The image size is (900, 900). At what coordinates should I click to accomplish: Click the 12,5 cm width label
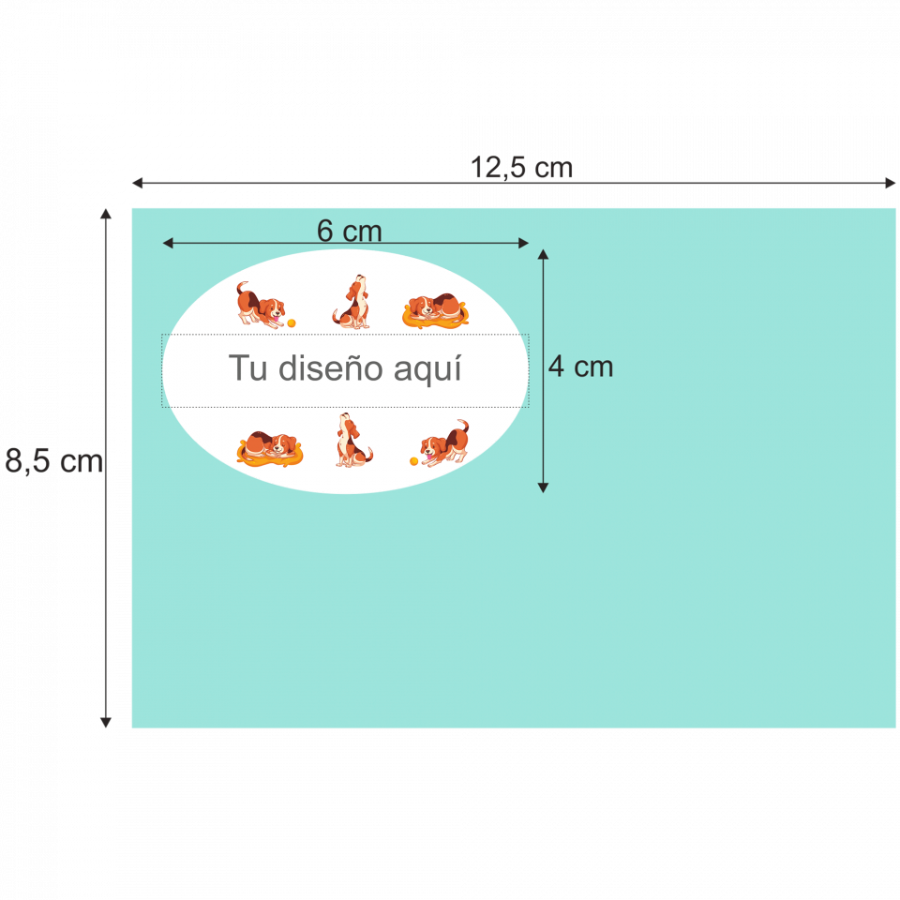click(521, 168)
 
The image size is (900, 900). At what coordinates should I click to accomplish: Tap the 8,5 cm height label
click(53, 460)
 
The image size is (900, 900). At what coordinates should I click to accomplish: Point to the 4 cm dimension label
click(580, 367)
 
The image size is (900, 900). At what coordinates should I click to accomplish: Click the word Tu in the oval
click(248, 368)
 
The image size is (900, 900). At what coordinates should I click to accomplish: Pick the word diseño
click(332, 368)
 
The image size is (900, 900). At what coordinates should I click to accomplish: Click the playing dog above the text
click(260, 305)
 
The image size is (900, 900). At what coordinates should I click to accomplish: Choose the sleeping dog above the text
click(435, 310)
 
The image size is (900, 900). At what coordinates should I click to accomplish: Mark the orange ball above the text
click(292, 322)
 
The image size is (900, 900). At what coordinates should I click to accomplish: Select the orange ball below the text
click(413, 461)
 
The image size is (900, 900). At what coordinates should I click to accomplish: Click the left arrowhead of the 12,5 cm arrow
click(136, 182)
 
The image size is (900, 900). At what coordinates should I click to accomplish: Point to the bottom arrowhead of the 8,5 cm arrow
click(106, 722)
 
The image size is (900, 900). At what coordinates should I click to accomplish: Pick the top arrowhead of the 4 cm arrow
click(543, 254)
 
